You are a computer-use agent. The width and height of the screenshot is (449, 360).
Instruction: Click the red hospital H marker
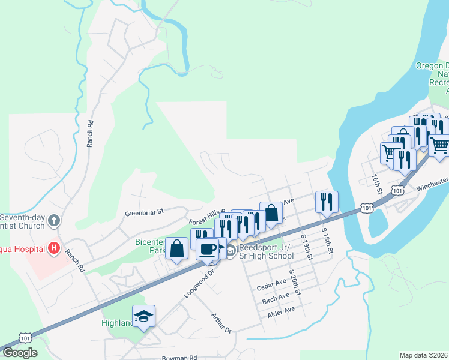pyautogui.click(x=54, y=248)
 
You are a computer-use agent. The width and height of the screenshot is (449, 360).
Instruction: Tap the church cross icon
pyautogui.click(x=54, y=220)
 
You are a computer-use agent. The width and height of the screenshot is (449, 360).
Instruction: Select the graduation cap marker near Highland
pyautogui.click(x=143, y=316)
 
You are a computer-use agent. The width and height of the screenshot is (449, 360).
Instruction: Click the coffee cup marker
pyautogui.click(x=208, y=248)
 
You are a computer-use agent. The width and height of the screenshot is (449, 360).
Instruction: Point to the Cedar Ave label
pyautogui.click(x=271, y=283)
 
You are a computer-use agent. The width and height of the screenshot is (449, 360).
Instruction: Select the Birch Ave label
pyautogui.click(x=276, y=299)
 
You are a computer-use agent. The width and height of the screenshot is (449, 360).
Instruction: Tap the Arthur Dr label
pyautogui.click(x=221, y=322)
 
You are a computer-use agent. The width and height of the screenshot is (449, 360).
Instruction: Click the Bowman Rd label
pyautogui.click(x=179, y=357)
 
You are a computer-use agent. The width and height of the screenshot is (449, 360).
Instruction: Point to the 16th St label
pyautogui.click(x=376, y=182)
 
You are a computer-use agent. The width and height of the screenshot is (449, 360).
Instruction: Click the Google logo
pyautogui.click(x=20, y=353)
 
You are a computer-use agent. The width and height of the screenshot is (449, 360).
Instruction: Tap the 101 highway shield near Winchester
pyautogui.click(x=397, y=190)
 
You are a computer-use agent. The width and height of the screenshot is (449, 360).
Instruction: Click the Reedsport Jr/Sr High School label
pyautogui.click(x=266, y=251)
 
